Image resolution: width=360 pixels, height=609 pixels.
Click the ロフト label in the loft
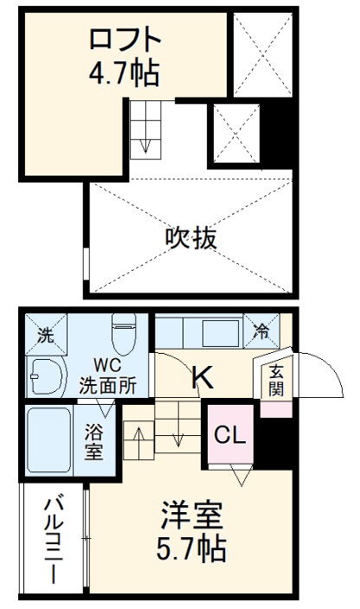pos(125,40)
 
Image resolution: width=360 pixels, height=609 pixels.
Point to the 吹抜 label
pos(190,236)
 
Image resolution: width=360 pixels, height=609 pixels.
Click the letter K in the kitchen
pos(201,377)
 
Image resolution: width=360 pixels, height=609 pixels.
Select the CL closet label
pos(230,435)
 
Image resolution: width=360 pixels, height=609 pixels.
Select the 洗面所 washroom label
pos(108,387)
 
